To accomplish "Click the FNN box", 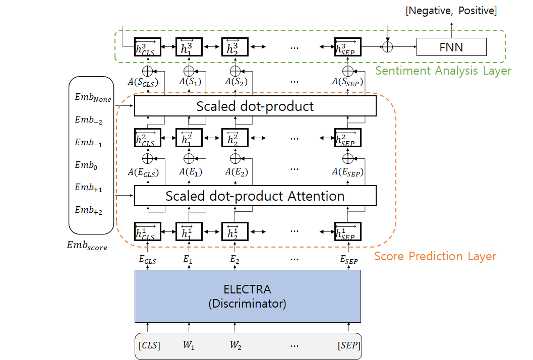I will coord(451,48).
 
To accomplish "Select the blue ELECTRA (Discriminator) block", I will coord(248,296).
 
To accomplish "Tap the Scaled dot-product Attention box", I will coord(255,196).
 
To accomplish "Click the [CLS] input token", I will coord(149,346).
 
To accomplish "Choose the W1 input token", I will coord(189,346).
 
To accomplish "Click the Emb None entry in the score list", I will coord(93,99).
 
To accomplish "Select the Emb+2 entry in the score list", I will coord(89,210).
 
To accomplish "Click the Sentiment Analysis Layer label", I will coord(443,71).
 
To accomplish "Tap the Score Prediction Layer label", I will coord(435,256).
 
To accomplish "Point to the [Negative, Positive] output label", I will coord(451,11).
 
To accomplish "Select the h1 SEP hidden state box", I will coord(347,232).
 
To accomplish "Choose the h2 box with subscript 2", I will coord(235,139).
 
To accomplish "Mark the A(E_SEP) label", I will coord(347,172).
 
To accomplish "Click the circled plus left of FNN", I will coord(387,47).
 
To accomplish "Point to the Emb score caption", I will coord(87,246).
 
